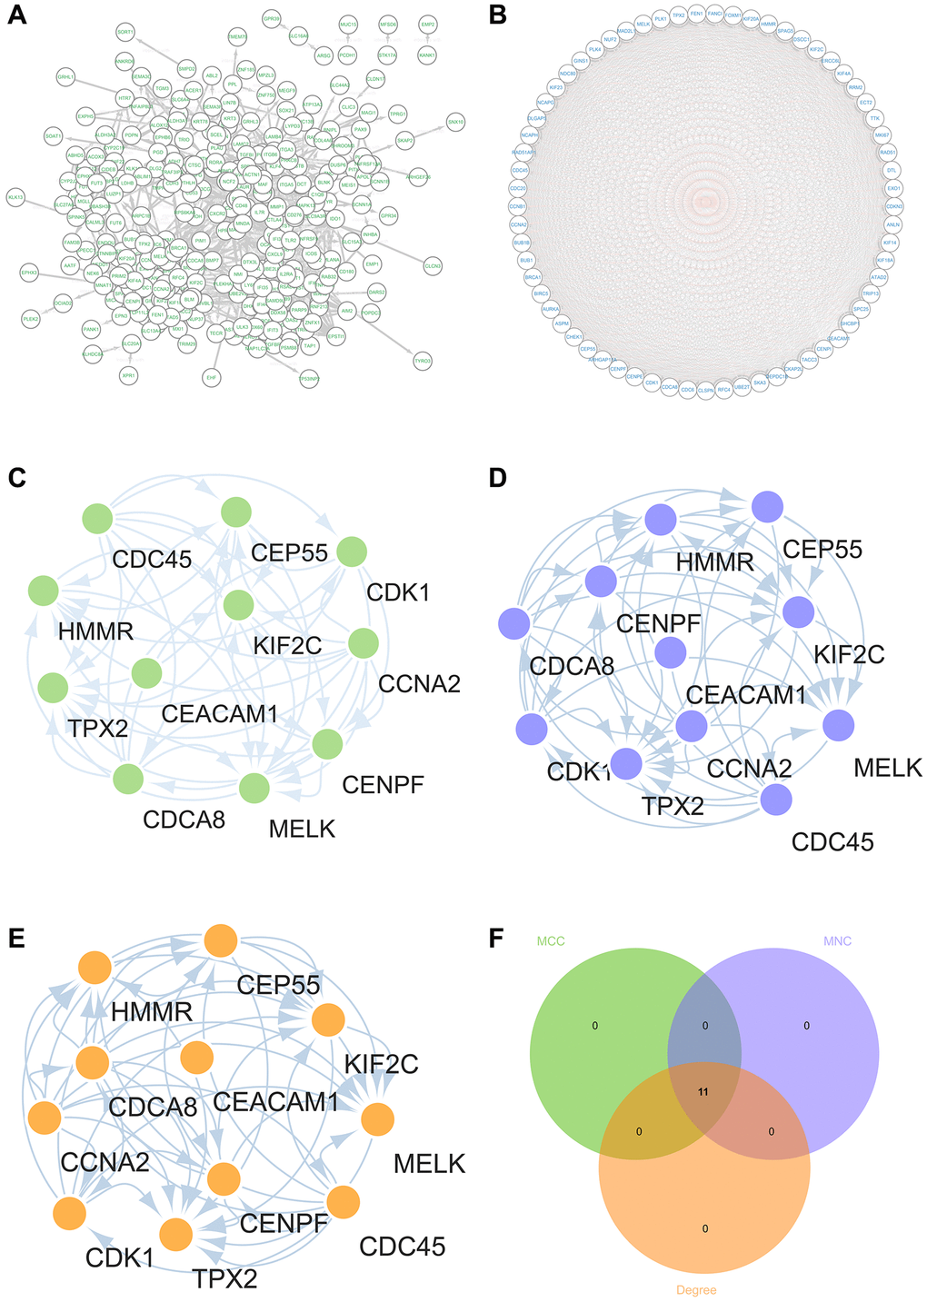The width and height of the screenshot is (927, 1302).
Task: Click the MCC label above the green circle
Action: coord(550,941)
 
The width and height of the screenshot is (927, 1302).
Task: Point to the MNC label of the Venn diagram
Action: coord(836,941)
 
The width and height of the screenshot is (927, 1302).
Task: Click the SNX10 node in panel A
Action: coord(455,121)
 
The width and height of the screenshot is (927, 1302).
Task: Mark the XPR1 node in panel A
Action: coord(128,374)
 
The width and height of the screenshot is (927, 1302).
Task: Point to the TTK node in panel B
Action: coord(875,118)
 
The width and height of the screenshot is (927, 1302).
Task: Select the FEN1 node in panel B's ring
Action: coord(696,15)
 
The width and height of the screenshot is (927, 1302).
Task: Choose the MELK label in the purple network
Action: coord(888,768)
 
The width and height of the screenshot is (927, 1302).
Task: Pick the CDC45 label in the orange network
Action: coord(402,1245)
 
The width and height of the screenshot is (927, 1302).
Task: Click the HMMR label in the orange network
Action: coord(152,1010)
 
